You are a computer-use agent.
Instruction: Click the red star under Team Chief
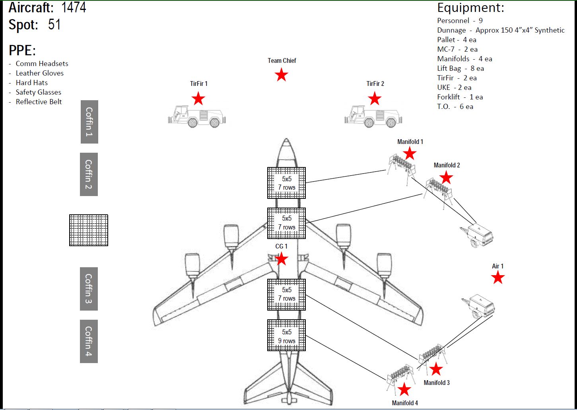(282, 75)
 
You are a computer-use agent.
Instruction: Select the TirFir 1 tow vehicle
(197, 117)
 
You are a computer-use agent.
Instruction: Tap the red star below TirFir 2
(375, 99)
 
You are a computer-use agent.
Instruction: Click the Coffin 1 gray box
(89, 122)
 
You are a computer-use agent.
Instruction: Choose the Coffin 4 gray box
(89, 341)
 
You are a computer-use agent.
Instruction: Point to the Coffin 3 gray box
(89, 289)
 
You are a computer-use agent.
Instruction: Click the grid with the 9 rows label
(286, 336)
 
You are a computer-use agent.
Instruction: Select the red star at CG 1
(282, 259)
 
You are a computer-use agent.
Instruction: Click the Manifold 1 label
(410, 142)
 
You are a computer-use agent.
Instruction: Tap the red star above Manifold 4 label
(404, 390)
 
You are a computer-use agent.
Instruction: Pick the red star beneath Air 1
(498, 278)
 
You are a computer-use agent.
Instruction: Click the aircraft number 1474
(74, 7)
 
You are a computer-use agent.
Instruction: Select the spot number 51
(54, 25)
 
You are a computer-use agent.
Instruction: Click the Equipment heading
(470, 8)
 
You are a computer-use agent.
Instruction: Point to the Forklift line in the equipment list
(460, 97)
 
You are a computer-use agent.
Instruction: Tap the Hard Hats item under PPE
(31, 83)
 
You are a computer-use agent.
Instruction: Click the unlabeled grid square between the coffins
(89, 230)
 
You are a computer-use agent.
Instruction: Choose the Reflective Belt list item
(39, 102)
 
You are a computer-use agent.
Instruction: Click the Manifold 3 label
(436, 383)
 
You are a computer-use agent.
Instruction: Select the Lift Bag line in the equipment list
(460, 68)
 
